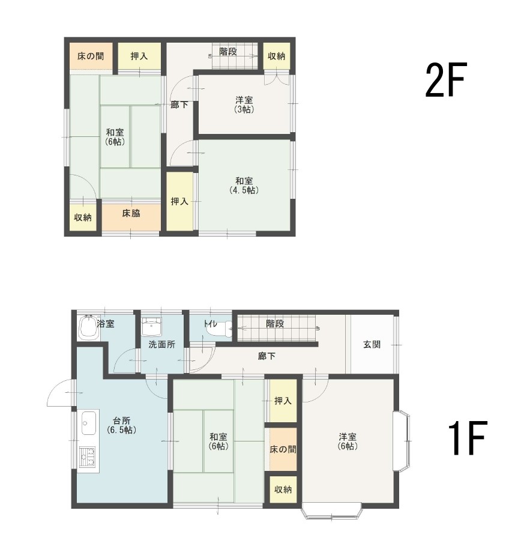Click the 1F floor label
467,438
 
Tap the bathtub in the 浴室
88,327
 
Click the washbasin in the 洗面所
152,327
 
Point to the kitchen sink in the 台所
89,422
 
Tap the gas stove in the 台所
87,457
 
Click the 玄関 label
372,344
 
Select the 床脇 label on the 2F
131,213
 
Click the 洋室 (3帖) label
244,105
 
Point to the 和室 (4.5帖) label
244,186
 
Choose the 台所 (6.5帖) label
122,425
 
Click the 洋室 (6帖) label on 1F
348,441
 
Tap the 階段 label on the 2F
227,52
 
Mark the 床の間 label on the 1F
283,449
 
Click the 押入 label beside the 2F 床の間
139,56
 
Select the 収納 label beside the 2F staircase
277,56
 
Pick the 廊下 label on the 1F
267,356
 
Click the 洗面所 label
161,344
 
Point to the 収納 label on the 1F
283,490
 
